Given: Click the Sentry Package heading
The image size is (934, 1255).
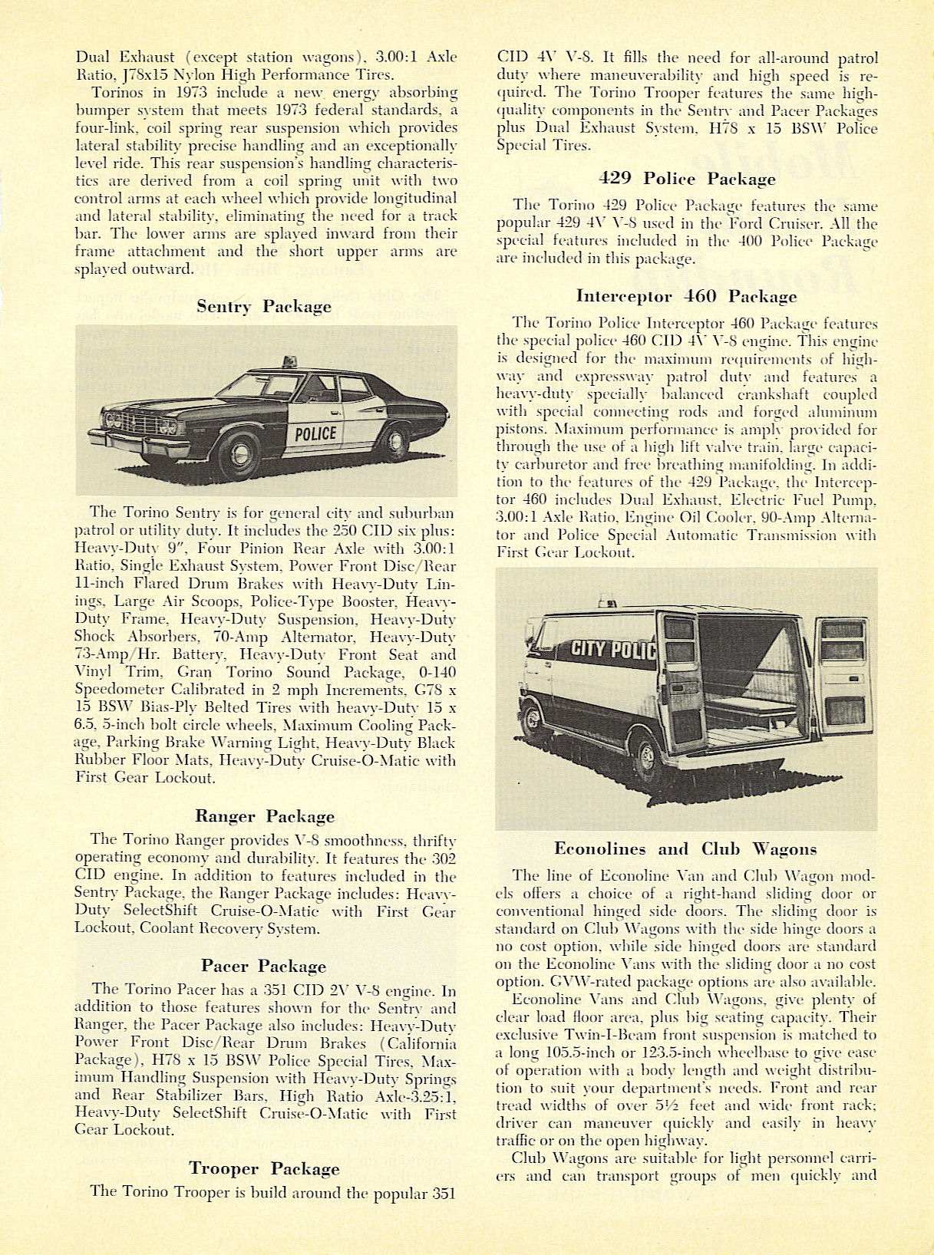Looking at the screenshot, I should pos(264,307).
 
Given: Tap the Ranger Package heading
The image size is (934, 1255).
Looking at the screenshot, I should pos(265,816).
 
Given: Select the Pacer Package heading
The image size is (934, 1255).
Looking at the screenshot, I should pos(264,966).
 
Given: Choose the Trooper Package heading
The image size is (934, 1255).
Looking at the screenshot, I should pos(264,1169).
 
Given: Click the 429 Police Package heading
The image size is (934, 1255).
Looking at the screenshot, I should pos(687,180).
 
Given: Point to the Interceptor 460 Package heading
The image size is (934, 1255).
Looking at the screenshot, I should pos(686,297).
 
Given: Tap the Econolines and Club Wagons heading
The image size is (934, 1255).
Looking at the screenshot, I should pos(685,849).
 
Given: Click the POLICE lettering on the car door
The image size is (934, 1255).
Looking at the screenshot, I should pos(315,433).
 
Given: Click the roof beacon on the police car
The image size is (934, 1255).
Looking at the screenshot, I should pos(291,361).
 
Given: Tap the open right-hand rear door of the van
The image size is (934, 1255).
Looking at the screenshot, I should pos(842,675).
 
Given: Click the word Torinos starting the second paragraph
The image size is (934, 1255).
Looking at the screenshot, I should pos(117,93).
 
